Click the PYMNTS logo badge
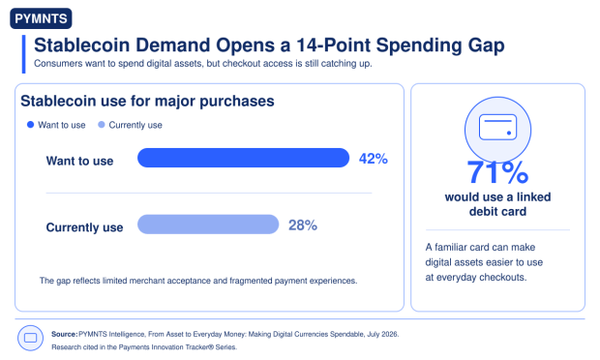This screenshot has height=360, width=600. tap(41, 18)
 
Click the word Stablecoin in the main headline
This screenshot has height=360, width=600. tap(82, 45)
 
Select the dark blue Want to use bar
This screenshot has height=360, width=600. tap(243, 158)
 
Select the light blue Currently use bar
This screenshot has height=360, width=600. tap(208, 225)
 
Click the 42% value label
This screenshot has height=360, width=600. tap(374, 159)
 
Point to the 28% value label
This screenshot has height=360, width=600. tap(303, 225)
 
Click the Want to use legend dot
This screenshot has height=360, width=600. tap(31, 125)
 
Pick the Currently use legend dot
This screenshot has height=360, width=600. tap(102, 125)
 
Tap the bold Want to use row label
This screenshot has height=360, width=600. tap(79, 161)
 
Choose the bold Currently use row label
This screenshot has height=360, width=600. tap(84, 227)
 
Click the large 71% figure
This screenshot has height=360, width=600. tap(497, 172)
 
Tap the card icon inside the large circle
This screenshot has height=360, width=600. tap(497, 127)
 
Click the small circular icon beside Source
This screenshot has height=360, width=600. tap(30, 338)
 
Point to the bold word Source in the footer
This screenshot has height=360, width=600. tap(64, 334)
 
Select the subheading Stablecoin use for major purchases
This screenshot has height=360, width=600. tap(147, 101)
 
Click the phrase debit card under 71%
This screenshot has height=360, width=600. tap(497, 211)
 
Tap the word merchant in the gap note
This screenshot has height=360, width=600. tap(146, 281)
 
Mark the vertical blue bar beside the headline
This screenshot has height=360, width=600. tap(24, 54)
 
